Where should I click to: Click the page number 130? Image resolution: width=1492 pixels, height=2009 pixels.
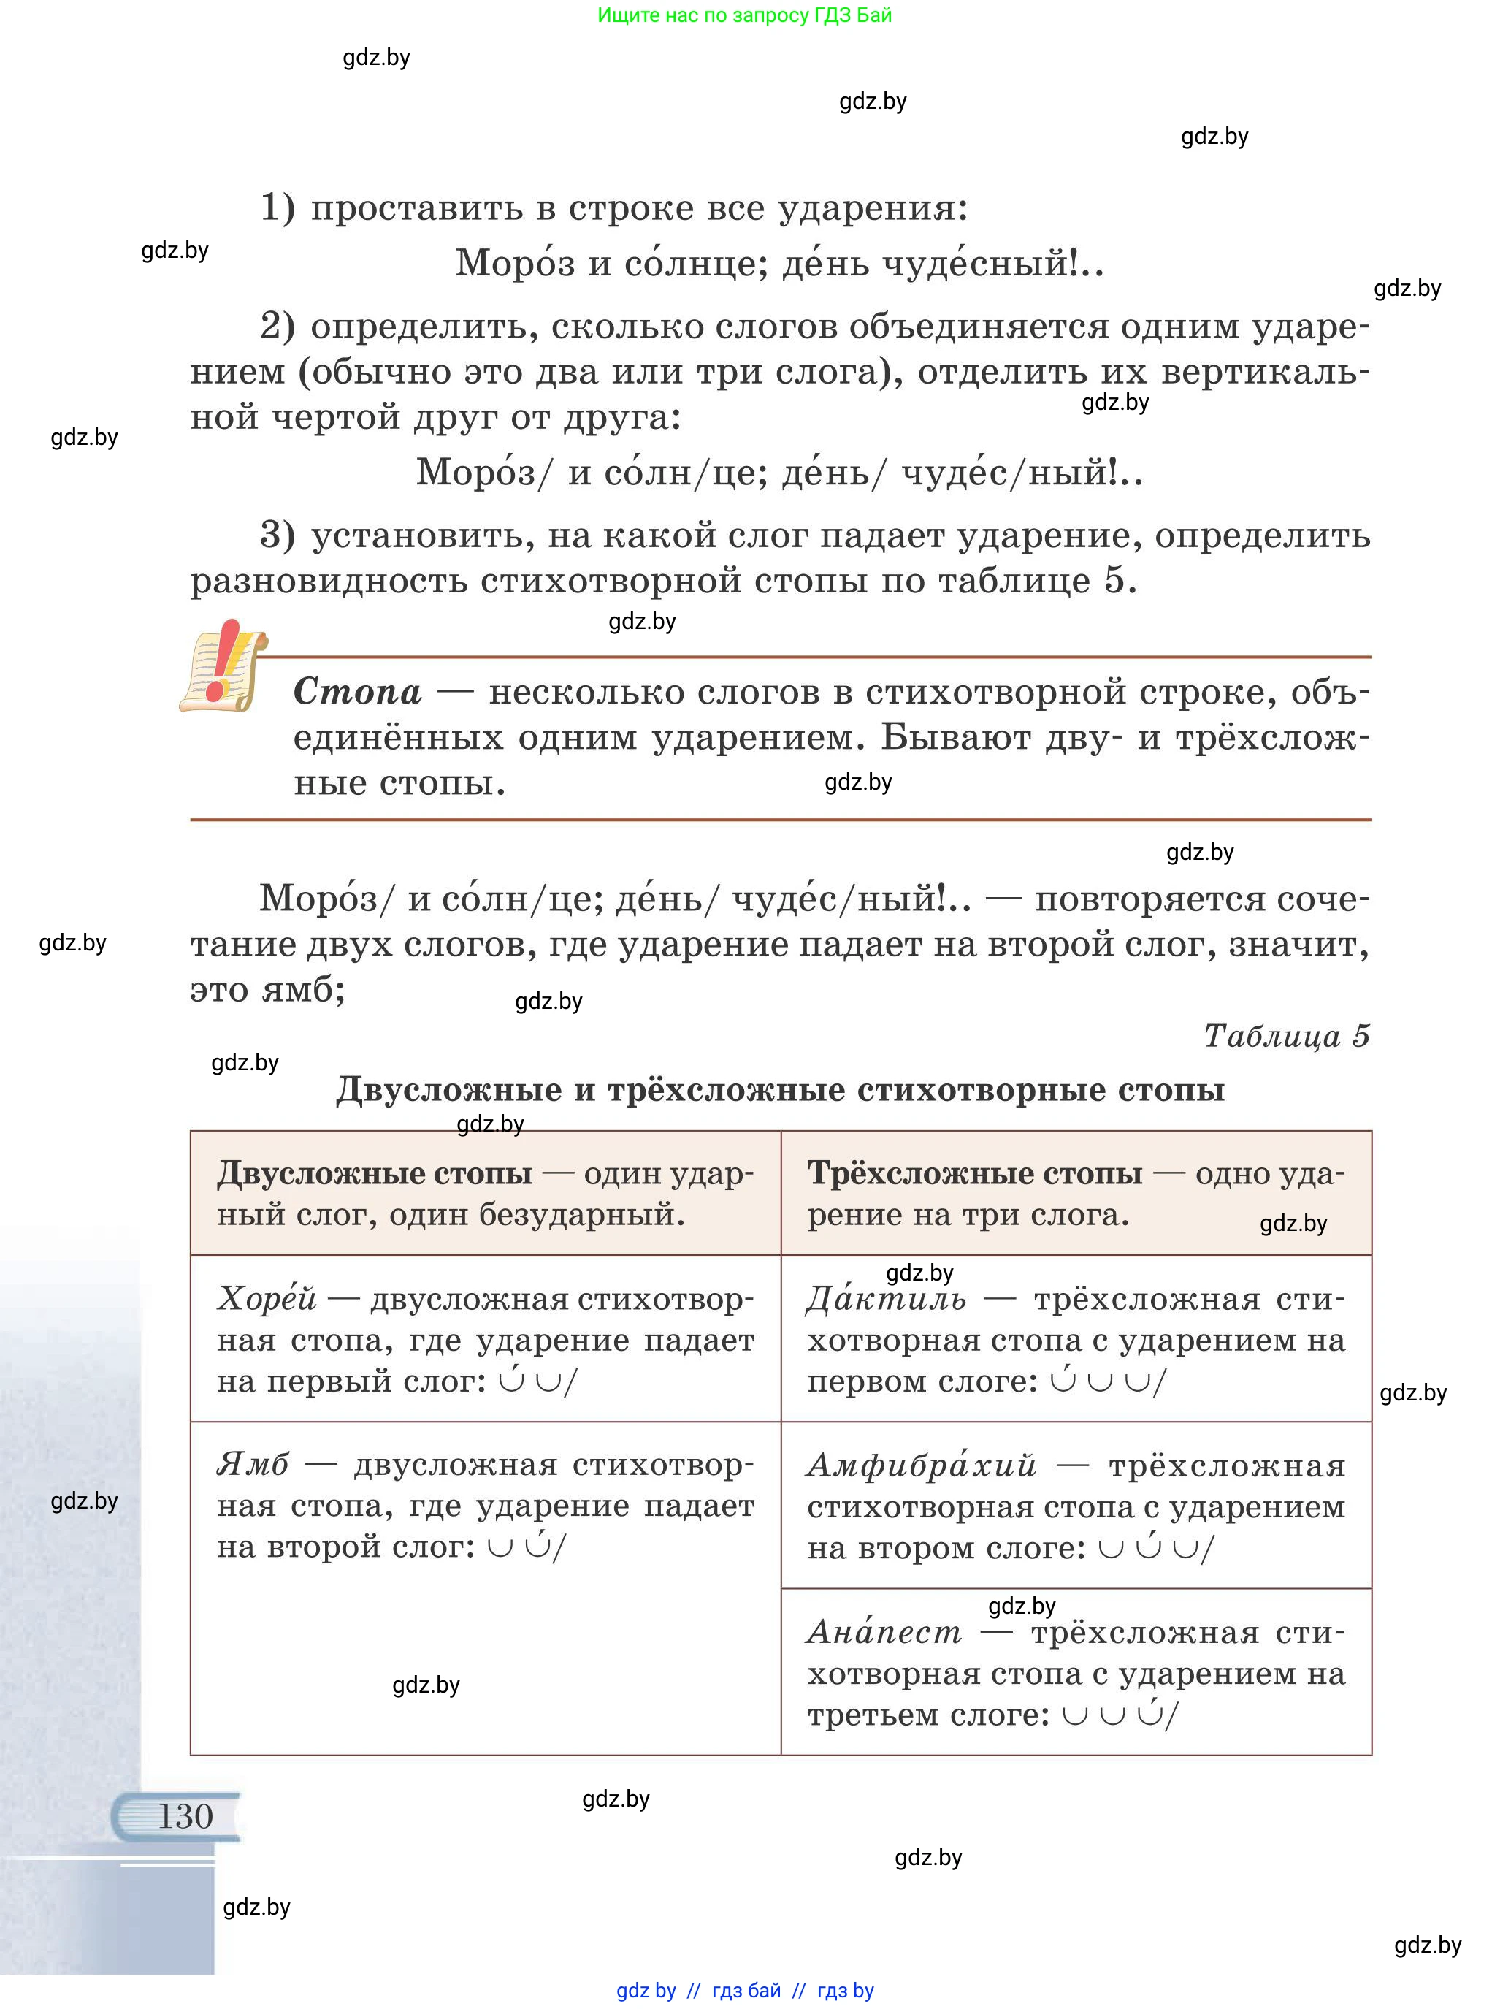point(185,1815)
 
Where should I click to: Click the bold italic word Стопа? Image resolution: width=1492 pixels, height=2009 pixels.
point(358,692)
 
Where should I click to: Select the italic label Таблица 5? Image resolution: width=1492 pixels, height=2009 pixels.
point(1286,1035)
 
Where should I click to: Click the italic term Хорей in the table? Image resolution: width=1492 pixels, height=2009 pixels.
point(267,1299)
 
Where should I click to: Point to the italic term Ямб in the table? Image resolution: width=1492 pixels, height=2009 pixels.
point(253,1464)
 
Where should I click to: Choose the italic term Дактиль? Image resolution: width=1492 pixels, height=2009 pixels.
point(886,1299)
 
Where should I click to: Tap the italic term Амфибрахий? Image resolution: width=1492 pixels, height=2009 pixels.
point(921,1465)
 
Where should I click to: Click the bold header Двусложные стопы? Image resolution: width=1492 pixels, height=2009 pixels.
point(374,1173)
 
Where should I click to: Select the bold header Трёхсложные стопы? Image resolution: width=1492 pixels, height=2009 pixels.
point(974,1173)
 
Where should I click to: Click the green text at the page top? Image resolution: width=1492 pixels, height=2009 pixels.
point(744,15)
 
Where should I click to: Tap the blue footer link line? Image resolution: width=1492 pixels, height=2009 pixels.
point(744,1990)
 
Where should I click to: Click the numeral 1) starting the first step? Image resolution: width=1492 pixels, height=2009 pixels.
point(278,207)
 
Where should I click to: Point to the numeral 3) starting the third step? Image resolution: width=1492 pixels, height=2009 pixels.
point(278,535)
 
